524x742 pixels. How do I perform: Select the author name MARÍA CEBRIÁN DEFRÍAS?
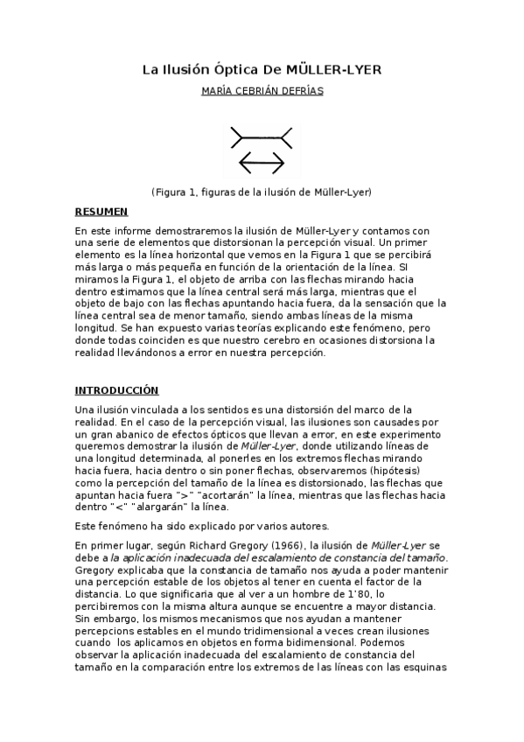tap(262, 91)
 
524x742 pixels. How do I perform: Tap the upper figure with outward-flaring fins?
tap(261, 137)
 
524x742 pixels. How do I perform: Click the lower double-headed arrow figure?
tap(262, 163)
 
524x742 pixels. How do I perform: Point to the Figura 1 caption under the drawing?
tap(262, 191)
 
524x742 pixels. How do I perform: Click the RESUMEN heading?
tap(101, 212)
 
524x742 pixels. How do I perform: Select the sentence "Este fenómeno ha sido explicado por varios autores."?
tap(188, 526)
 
